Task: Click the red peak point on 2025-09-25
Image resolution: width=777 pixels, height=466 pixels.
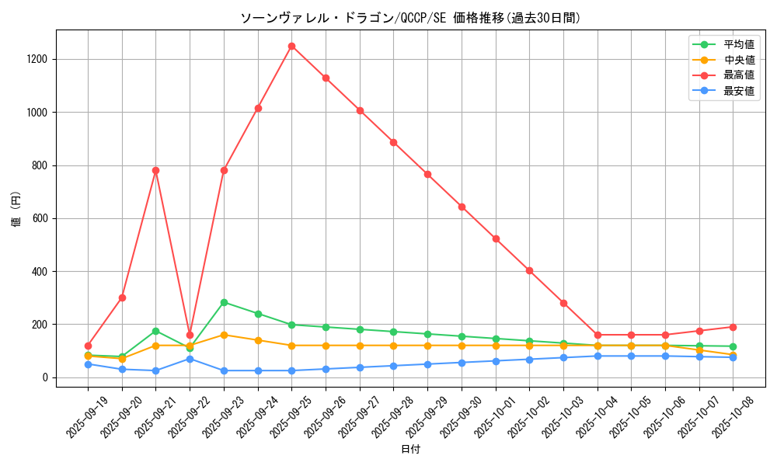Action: [x=291, y=46]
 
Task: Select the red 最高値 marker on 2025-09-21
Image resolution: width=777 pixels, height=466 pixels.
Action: [x=155, y=170]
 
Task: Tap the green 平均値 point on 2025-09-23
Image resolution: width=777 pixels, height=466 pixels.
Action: [x=224, y=302]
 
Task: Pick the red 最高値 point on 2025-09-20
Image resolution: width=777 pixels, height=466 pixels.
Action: [x=122, y=297]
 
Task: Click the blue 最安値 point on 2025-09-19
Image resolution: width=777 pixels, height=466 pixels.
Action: [x=88, y=364]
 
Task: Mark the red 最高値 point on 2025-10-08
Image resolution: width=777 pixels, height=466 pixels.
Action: [x=733, y=327]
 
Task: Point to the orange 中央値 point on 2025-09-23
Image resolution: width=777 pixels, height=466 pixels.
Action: [x=224, y=335]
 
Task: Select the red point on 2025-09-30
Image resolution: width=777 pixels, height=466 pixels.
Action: [x=462, y=207]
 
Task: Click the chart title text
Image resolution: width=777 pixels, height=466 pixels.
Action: [x=410, y=18]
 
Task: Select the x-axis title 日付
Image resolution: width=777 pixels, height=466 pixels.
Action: [x=410, y=450]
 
